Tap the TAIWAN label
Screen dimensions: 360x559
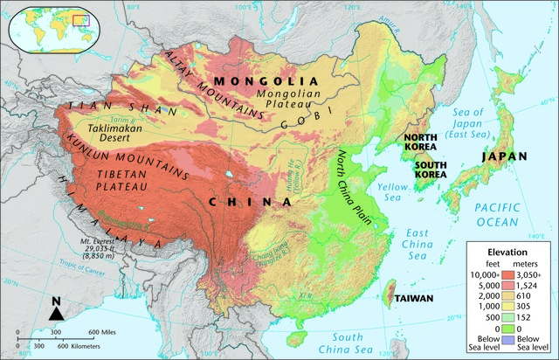[413, 298]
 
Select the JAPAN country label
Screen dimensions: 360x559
[504, 157]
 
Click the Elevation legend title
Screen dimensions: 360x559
[508, 252]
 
